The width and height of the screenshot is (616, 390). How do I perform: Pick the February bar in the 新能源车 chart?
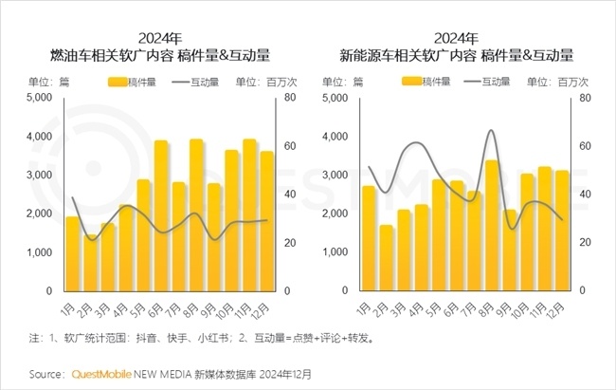(386, 257)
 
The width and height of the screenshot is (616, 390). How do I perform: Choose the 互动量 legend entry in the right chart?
(480, 82)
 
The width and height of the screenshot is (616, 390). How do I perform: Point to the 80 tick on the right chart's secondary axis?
(585, 98)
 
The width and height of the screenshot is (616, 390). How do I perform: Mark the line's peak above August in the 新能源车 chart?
(491, 131)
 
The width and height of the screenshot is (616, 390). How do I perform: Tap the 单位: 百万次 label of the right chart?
(566, 82)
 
